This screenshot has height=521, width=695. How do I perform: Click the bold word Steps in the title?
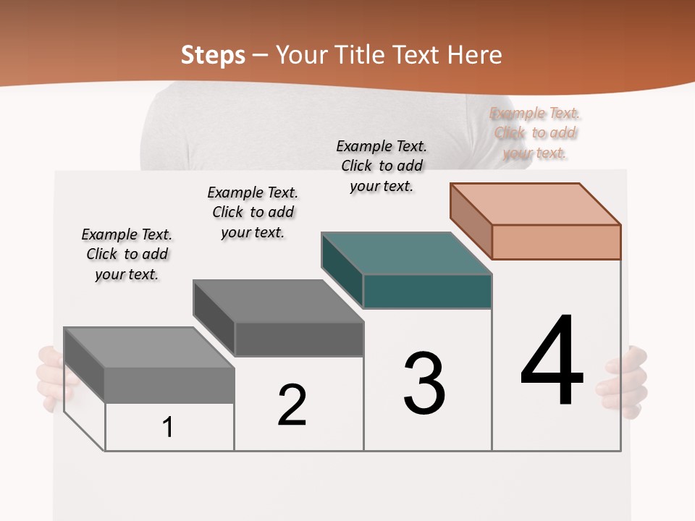[x=213, y=55]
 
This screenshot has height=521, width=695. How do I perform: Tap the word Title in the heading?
[x=359, y=55]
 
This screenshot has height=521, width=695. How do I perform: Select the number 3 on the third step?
[x=424, y=384]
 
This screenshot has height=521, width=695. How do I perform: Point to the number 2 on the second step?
[x=292, y=404]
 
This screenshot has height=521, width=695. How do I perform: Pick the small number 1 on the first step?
[x=168, y=427]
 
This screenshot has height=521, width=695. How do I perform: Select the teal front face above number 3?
[x=427, y=291]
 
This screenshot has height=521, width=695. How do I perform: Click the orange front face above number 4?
[x=556, y=242]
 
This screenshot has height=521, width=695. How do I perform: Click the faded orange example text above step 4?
[x=535, y=133]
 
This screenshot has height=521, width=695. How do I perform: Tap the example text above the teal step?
[x=382, y=166]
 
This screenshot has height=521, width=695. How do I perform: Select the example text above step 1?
[x=127, y=254]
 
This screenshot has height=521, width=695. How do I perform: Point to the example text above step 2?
[x=253, y=212]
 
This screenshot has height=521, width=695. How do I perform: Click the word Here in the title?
[x=474, y=55]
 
